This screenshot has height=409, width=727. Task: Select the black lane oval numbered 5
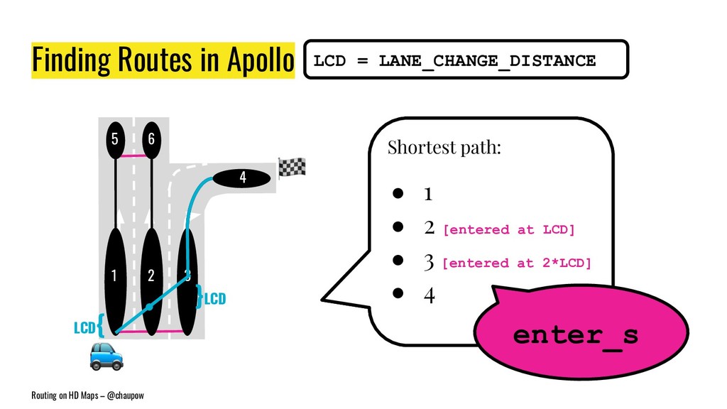pos(114,140)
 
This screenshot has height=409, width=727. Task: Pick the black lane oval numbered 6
pos(151,140)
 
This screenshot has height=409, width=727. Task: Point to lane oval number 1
pos(114,277)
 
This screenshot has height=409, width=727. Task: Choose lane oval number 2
pos(151,277)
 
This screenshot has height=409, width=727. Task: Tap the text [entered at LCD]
pos(508,230)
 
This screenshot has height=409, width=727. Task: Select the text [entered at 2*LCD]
pos(516,263)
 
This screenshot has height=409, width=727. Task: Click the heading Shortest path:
pos(444,148)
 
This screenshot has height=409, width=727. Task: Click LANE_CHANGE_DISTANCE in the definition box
pos(487,61)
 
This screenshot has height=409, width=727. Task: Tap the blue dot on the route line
pos(150,307)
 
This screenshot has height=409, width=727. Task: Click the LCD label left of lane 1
pos(84,327)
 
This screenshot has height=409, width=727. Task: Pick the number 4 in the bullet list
pos(429,295)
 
